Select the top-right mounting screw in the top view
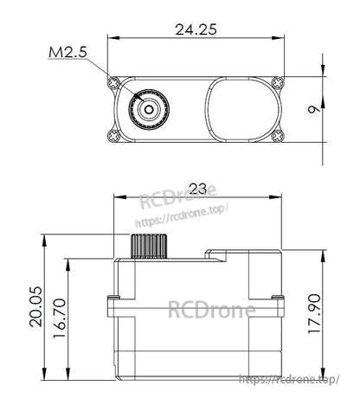(x=276, y=83)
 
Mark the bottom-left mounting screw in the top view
(x=114, y=136)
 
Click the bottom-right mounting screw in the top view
(x=276, y=136)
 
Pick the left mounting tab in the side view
(x=111, y=305)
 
